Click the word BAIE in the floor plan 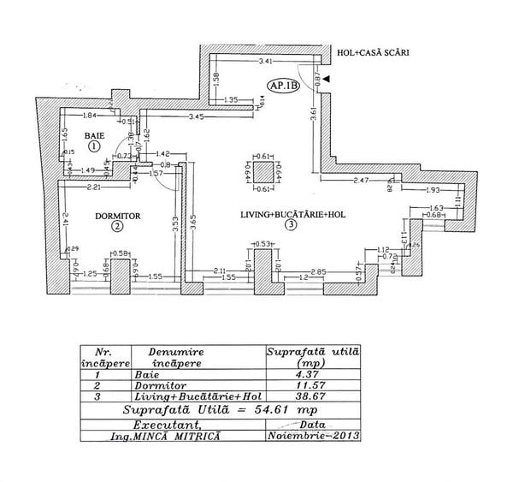click(x=93, y=135)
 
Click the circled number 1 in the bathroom click(x=93, y=146)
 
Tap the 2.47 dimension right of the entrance click(x=360, y=181)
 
